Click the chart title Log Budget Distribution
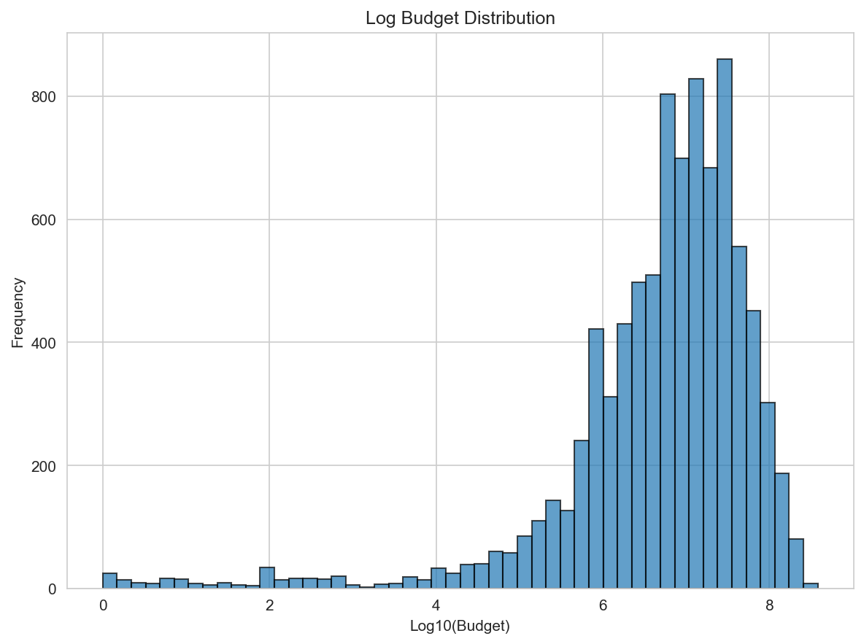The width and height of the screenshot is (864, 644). point(460,18)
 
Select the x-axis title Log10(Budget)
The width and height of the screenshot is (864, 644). point(460,626)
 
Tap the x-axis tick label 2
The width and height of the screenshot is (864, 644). point(269,605)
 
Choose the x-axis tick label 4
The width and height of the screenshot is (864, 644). point(436,605)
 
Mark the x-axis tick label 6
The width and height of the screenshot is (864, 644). point(603,605)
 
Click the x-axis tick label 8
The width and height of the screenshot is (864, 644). point(769,605)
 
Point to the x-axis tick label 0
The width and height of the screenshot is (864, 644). point(103,605)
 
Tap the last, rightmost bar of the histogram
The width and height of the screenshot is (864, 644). point(811,586)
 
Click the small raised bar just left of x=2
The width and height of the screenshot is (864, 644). point(267,578)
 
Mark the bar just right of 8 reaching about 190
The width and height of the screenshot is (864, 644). point(782,532)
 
